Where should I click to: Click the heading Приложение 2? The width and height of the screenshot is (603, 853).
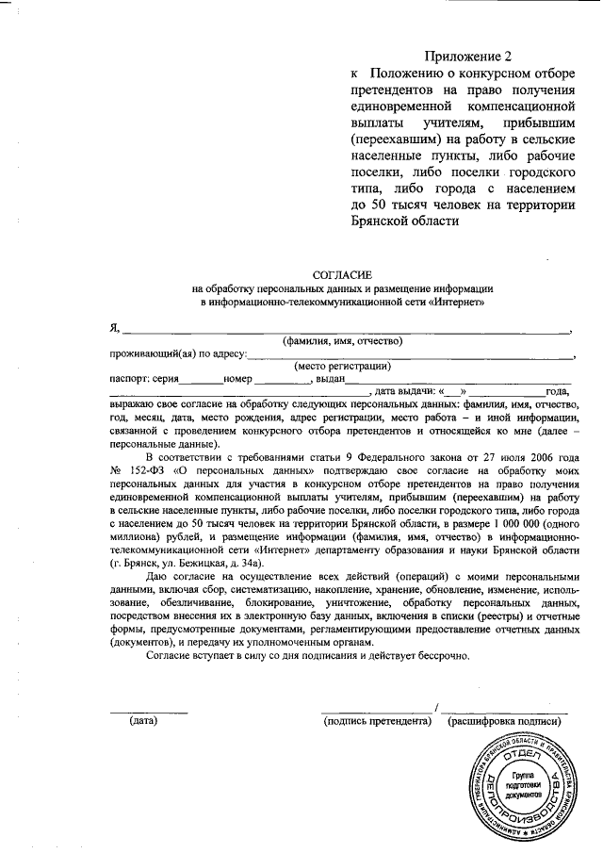click(467, 56)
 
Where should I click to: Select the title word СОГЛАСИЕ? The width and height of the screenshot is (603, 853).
click(341, 273)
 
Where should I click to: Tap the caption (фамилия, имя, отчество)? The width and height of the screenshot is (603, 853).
click(343, 341)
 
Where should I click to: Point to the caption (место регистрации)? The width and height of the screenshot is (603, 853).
click(343, 367)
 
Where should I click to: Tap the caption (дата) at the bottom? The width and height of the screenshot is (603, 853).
click(143, 722)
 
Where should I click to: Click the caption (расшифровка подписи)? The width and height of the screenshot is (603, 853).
click(506, 722)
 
